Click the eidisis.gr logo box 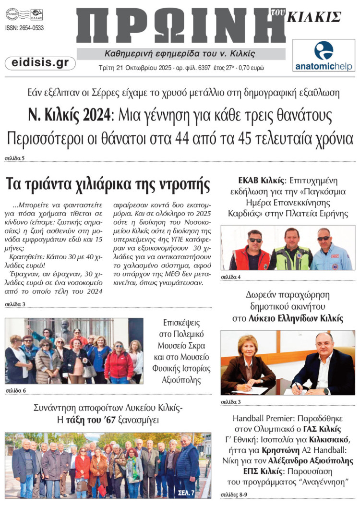pos(40,63)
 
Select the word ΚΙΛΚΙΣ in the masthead pos(314,17)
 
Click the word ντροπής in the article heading pos(183,184)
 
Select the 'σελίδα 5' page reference pos(14,157)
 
